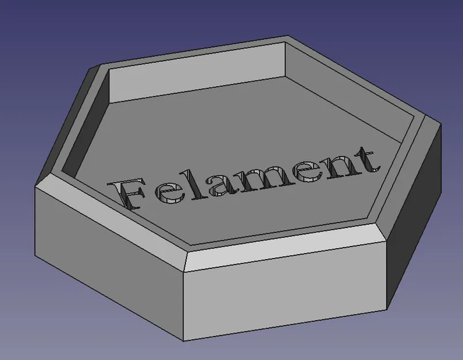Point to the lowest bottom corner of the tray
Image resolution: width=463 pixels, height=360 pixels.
pos(184,340)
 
